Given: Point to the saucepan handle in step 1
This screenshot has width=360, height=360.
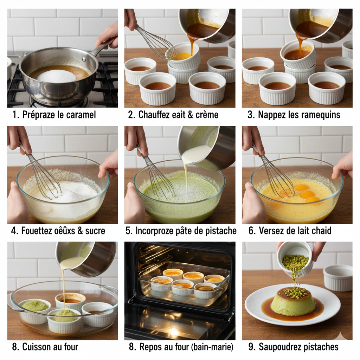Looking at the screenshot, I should (x=102, y=48).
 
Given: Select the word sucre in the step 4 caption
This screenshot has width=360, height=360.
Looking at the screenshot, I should (x=95, y=231).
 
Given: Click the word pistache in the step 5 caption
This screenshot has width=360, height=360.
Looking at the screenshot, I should (x=221, y=231).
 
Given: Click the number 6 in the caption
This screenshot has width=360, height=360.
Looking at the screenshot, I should (x=251, y=231).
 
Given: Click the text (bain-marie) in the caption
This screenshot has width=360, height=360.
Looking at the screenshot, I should (x=212, y=347).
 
